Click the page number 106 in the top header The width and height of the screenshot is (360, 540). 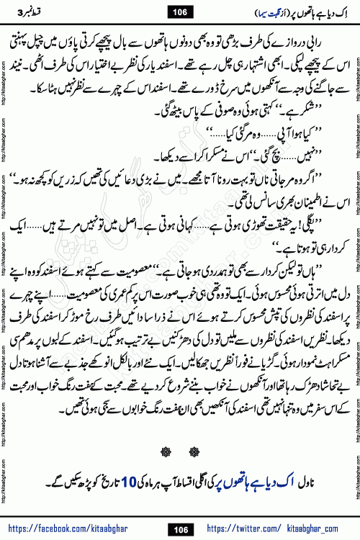179,10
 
